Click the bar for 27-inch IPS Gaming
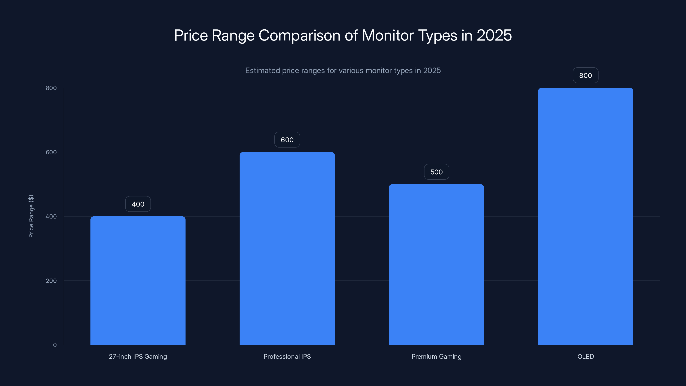(138, 280)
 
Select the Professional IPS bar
(287, 248)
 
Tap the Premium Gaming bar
(436, 264)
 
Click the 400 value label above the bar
(138, 204)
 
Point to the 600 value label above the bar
(287, 140)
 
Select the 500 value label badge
(436, 172)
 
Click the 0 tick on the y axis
(55, 345)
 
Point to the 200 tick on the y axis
(51, 281)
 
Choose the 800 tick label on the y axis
(51, 88)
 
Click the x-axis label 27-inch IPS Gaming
(138, 356)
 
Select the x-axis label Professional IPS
(287, 356)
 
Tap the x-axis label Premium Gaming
(436, 356)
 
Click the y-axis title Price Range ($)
(31, 216)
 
